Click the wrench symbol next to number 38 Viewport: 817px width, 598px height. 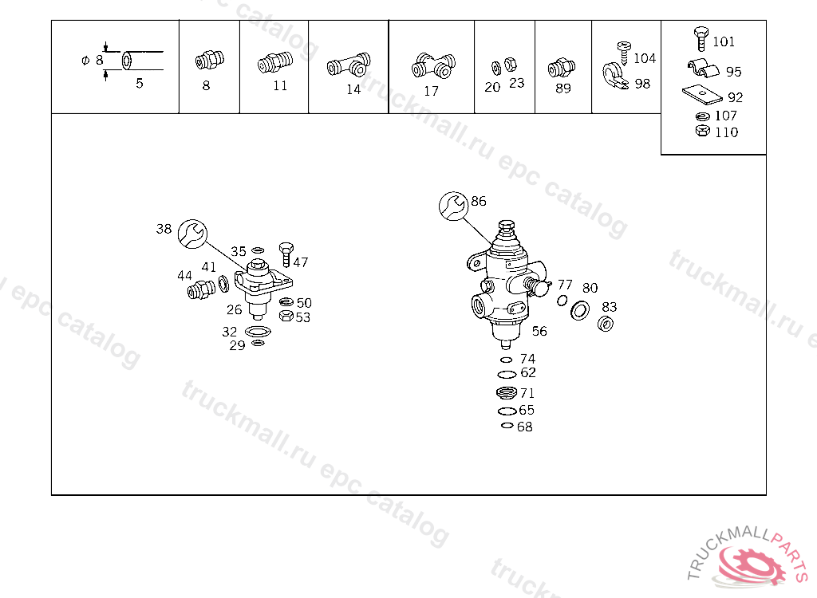pos(192,234)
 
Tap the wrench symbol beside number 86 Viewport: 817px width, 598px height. pos(454,207)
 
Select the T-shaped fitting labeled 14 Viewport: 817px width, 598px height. pos(349,65)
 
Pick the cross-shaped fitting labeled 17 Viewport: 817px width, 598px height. pos(433,65)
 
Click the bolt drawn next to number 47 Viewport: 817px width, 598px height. pos(286,254)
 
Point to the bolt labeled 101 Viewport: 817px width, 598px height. pos(701,38)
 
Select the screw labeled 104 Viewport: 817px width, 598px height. pos(623,53)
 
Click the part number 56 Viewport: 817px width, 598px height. pos(539,332)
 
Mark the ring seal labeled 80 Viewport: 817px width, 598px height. pos(580,310)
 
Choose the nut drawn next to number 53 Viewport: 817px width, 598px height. pos(286,316)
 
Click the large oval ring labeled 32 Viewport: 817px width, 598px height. pos(258,332)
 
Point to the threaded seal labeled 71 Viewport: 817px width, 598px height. pos(507,392)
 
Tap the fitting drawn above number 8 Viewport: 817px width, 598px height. pos(210,60)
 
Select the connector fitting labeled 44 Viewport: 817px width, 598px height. pos(201,289)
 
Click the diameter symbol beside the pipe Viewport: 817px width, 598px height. pos(85,61)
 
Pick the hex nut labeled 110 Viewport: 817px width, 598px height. pos(702,130)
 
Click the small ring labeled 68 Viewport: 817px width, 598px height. pos(507,426)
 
